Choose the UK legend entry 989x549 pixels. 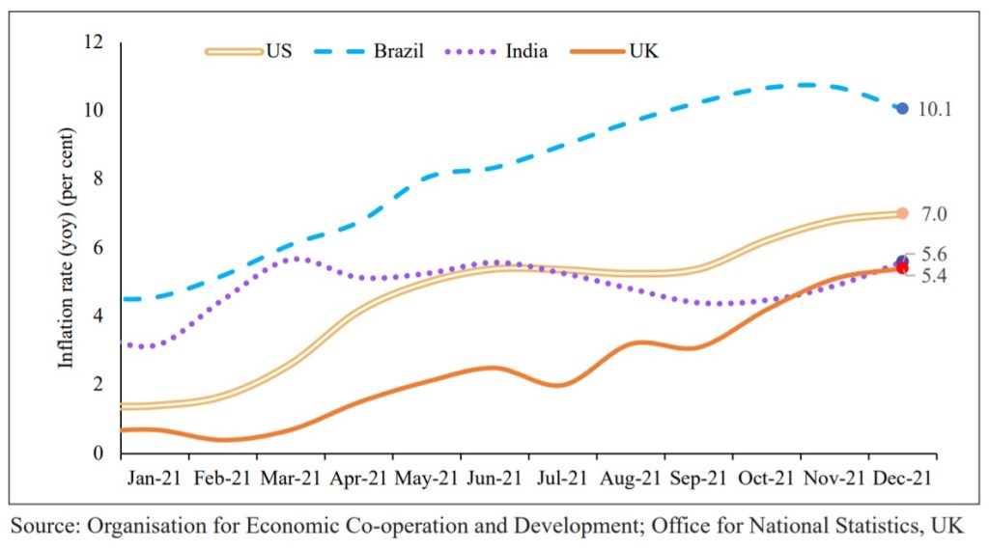tap(619, 51)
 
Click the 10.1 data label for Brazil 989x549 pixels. tap(934, 110)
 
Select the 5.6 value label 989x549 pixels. tap(934, 255)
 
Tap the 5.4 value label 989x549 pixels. tap(934, 277)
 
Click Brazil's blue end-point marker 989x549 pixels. tap(902, 109)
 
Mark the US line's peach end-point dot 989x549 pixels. tap(902, 213)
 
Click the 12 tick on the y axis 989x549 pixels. tap(94, 42)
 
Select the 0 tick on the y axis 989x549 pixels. tap(98, 453)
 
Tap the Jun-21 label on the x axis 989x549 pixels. tap(496, 477)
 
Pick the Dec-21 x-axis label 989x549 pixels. tap(902, 477)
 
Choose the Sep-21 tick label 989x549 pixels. tap(699, 477)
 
